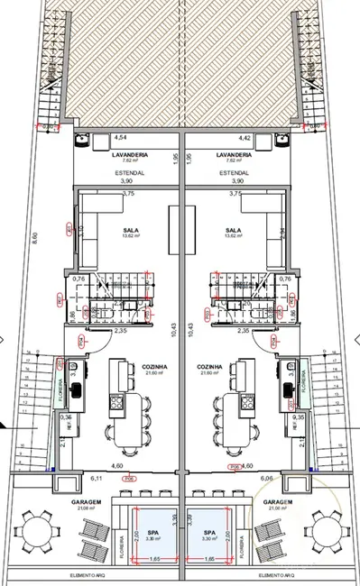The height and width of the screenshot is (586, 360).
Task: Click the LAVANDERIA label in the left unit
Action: coord(129,154)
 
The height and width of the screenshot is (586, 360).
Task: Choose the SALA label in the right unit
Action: coord(235,230)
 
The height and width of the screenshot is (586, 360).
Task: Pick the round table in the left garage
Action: coord(35,529)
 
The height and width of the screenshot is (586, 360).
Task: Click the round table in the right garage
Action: coord(325,529)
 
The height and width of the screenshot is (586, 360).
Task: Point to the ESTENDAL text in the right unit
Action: coord(234,170)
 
